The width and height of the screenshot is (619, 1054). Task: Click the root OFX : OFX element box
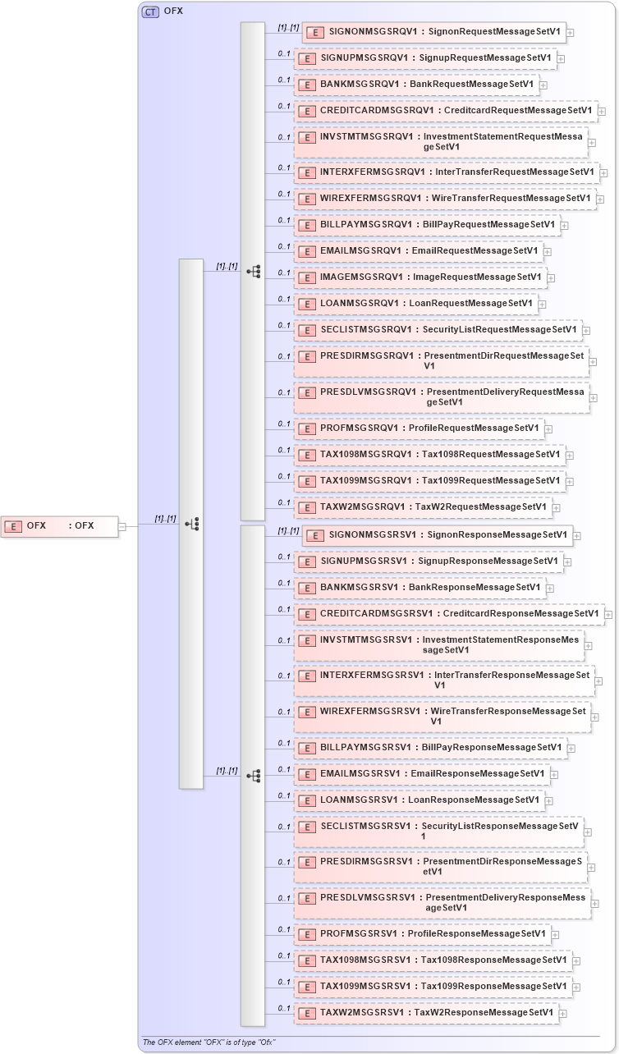click(59, 526)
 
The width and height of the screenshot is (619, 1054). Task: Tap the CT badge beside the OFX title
click(150, 11)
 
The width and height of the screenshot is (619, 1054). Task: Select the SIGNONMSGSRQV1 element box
click(433, 33)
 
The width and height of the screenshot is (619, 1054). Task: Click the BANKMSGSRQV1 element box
click(416, 85)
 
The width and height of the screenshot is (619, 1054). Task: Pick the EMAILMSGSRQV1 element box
click(418, 251)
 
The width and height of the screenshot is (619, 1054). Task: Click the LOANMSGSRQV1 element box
click(416, 304)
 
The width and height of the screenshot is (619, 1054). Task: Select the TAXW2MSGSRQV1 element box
click(423, 507)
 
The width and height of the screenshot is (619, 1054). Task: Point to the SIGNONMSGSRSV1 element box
click(437, 535)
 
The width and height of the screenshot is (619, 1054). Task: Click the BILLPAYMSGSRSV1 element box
click(430, 748)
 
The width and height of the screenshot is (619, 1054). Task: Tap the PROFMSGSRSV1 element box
click(422, 934)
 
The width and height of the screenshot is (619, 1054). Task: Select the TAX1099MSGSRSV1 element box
click(433, 987)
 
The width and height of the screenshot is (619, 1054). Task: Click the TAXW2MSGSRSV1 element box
click(426, 1013)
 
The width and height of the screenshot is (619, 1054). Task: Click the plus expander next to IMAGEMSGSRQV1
click(551, 278)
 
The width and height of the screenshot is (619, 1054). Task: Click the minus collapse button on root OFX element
click(122, 527)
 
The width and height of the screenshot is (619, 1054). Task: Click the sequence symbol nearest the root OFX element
click(192, 524)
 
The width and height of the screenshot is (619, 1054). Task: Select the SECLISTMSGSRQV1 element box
click(438, 330)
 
